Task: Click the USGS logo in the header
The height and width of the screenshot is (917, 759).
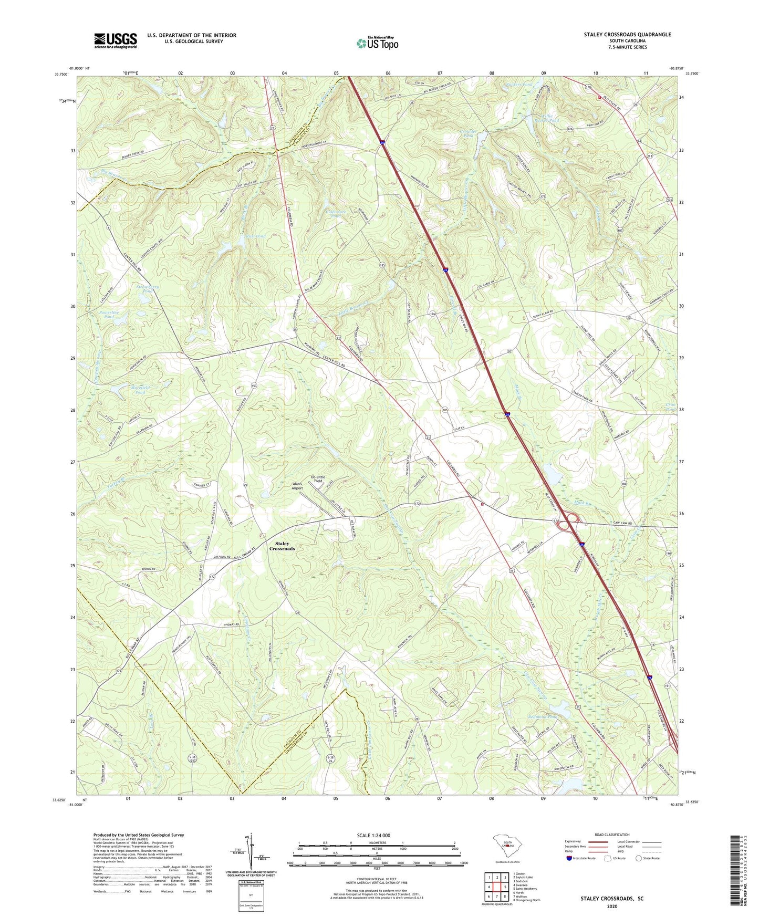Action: (x=116, y=40)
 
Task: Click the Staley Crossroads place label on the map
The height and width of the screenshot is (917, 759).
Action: (x=282, y=546)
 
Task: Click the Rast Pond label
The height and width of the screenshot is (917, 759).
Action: (x=255, y=236)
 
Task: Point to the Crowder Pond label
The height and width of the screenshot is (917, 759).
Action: (x=467, y=133)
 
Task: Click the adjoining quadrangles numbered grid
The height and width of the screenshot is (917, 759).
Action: (x=497, y=887)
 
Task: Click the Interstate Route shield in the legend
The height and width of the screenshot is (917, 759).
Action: (x=569, y=858)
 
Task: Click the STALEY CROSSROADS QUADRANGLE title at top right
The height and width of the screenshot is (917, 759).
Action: (x=627, y=35)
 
